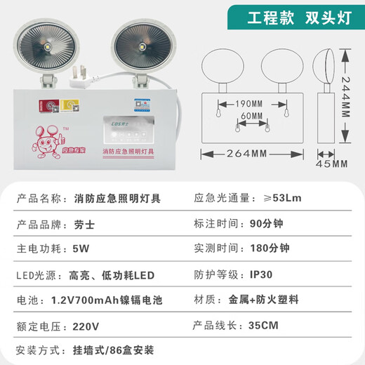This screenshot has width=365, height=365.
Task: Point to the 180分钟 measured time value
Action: tap(269, 249)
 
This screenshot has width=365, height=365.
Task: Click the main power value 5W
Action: tap(81, 249)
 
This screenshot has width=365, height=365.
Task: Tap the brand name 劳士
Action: tap(84, 224)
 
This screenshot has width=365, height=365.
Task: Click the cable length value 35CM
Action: tap(263, 325)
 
